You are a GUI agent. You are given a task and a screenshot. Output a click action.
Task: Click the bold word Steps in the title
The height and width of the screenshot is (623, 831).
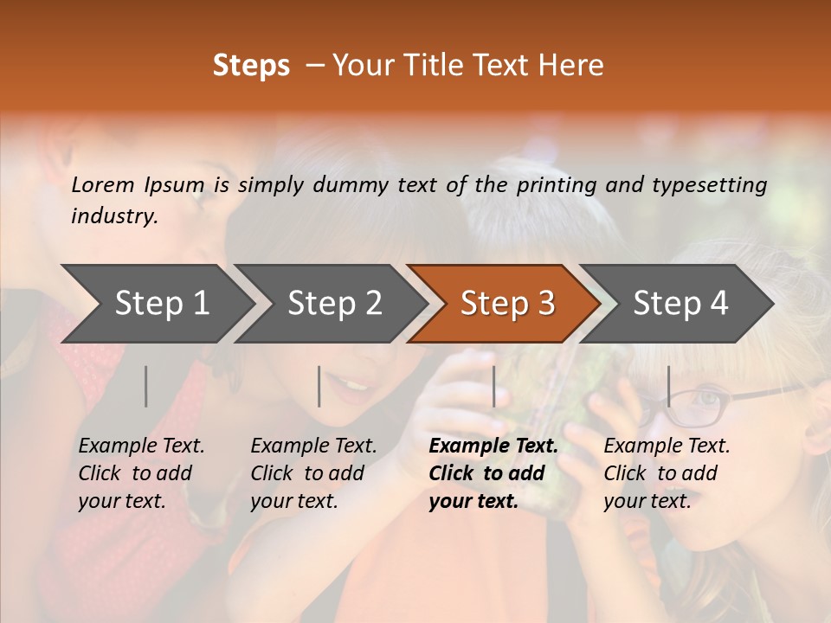click(x=251, y=66)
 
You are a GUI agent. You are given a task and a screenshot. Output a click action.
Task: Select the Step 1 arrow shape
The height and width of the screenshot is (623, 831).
click(x=161, y=304)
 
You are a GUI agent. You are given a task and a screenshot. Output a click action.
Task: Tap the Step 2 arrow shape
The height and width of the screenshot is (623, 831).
click(x=334, y=304)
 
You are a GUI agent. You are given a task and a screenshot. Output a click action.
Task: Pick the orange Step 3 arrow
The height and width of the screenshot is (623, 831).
click(x=507, y=304)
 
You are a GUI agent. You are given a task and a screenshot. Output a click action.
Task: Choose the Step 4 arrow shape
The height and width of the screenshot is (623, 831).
click(x=680, y=304)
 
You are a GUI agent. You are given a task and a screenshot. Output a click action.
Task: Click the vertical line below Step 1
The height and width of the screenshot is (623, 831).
click(x=146, y=386)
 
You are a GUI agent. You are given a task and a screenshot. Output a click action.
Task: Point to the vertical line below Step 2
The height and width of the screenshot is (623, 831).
click(x=319, y=386)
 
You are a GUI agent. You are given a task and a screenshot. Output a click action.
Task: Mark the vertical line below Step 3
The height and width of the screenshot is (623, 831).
click(x=494, y=386)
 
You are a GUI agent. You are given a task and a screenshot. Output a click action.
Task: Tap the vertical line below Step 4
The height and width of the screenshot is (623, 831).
click(x=669, y=386)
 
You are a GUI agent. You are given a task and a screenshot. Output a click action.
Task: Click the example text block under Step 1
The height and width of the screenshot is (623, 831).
click(x=141, y=473)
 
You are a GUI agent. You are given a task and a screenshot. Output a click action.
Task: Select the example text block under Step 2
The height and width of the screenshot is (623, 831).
click(x=313, y=473)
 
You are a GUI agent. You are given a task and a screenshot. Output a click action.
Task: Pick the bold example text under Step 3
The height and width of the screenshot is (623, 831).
click(x=493, y=473)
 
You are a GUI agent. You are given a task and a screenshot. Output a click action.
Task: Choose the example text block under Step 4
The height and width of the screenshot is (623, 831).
click(x=666, y=473)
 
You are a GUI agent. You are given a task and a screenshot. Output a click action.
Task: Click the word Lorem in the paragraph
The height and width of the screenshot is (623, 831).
click(x=103, y=184)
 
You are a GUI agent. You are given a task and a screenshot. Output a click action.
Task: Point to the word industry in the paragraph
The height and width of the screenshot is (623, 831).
click(x=113, y=216)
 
